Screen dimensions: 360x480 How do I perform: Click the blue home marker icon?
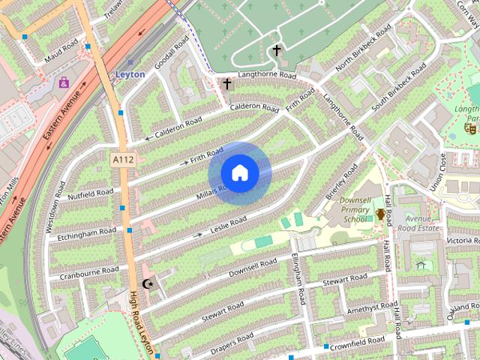click(239, 172)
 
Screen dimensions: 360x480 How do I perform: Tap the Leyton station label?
click(130, 75)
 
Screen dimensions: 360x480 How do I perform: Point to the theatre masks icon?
click(470, 129)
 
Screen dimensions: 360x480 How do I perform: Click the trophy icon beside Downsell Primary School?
click(381, 215)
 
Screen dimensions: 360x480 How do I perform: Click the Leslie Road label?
click(228, 223)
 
